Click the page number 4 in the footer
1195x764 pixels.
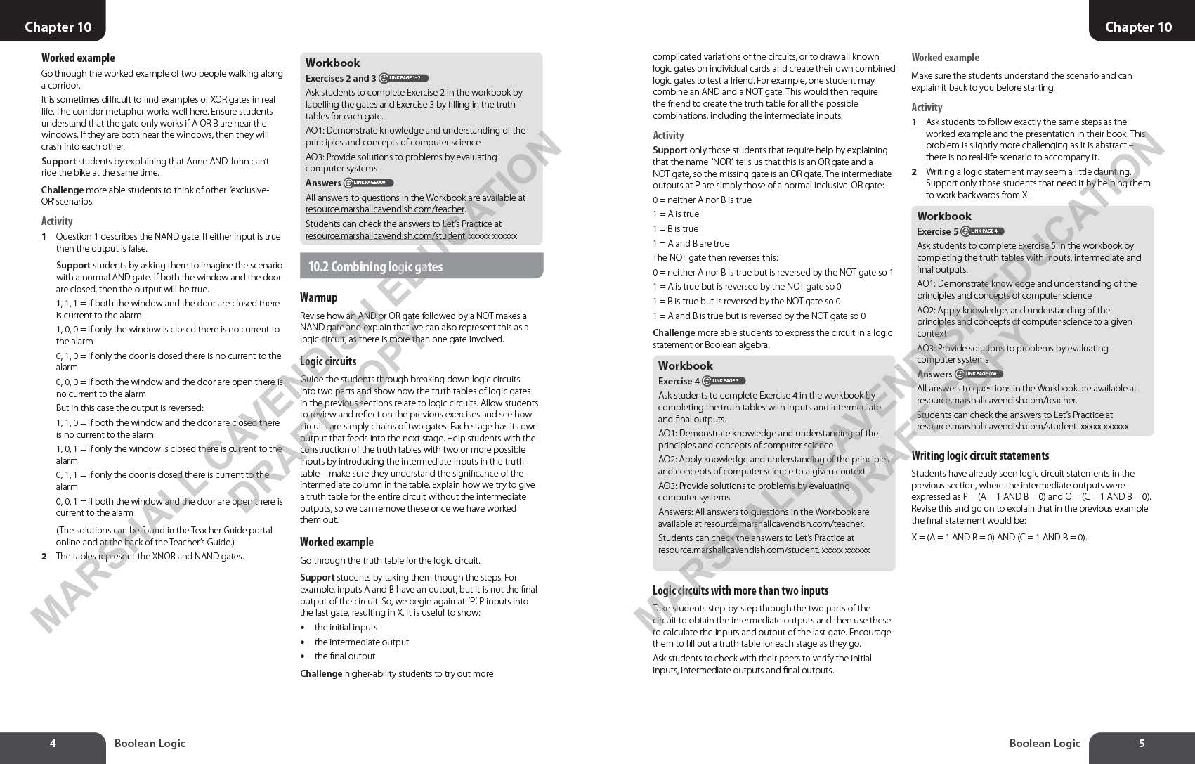tap(53, 743)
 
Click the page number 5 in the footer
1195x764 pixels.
tap(1142, 743)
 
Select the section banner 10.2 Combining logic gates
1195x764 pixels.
tap(421, 266)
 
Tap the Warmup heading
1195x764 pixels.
tap(318, 297)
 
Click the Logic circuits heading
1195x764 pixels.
tap(328, 361)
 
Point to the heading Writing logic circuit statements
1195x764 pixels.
tap(980, 455)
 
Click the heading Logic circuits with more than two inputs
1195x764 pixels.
tap(740, 590)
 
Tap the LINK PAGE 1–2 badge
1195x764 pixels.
tap(404, 78)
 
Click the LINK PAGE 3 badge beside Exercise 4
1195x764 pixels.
tap(724, 381)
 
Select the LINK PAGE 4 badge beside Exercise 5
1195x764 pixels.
tap(983, 231)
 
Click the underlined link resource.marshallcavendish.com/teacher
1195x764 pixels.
tap(384, 209)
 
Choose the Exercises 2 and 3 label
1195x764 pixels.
tap(341, 78)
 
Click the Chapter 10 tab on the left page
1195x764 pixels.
tap(58, 27)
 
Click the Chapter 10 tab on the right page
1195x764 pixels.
tap(1138, 27)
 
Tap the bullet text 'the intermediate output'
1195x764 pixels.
tap(361, 642)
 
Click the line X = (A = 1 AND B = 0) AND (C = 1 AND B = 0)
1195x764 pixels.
tap(999, 538)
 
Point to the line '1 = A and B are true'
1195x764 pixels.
tap(691, 243)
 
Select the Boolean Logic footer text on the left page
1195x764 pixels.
tap(150, 743)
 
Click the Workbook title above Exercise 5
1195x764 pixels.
tap(943, 216)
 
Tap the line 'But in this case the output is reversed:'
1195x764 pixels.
tap(129, 408)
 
